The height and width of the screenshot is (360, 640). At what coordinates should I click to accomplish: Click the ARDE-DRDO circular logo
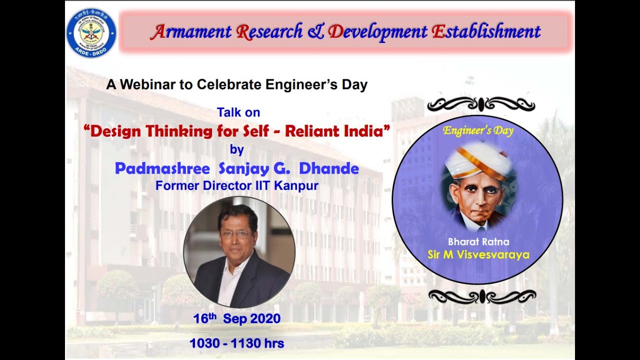click(91, 33)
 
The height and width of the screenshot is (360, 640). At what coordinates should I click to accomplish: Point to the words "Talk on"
click(238, 112)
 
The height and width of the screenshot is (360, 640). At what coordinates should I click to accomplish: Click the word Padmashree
click(162, 168)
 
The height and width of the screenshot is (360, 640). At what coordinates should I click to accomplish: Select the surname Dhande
click(328, 168)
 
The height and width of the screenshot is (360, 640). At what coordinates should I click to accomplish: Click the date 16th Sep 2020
click(237, 318)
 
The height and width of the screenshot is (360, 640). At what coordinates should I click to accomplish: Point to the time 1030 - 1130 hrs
click(236, 343)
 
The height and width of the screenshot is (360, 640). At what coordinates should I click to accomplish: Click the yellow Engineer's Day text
click(478, 131)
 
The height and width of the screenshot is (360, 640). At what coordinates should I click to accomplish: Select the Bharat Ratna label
click(478, 242)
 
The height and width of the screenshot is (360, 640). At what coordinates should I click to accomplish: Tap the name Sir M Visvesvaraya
click(478, 255)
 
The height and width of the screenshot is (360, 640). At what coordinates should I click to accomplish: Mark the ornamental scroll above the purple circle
click(480, 104)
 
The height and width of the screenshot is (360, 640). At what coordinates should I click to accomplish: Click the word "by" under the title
click(237, 149)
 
